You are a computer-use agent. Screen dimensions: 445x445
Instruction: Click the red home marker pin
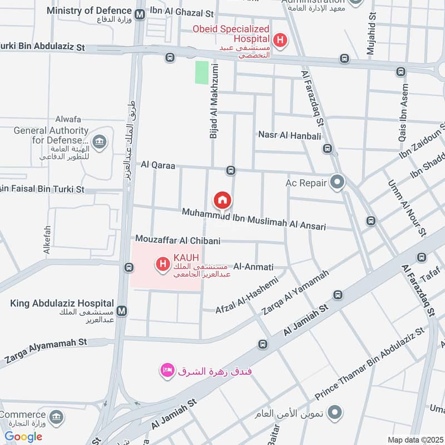tap(222, 200)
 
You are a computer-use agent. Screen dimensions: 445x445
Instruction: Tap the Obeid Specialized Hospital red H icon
tap(281, 40)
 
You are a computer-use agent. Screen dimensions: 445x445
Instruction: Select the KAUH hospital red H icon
tap(162, 264)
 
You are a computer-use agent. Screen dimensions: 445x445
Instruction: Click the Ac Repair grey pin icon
tap(337, 182)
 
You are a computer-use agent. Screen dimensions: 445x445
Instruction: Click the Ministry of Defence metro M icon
tap(141, 12)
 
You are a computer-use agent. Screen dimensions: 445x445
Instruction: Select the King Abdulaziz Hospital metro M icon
tap(122, 310)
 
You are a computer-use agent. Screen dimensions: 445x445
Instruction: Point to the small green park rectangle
tap(201, 73)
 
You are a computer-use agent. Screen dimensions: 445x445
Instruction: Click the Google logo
tap(23, 437)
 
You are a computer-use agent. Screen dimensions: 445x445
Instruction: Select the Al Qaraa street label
tap(158, 165)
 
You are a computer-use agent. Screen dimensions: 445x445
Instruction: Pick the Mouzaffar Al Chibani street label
tap(178, 240)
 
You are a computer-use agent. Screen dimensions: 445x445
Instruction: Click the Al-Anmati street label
tap(254, 267)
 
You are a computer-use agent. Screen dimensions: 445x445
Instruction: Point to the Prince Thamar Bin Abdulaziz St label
tap(369, 364)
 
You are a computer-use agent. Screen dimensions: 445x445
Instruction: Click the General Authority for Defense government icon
tap(100, 141)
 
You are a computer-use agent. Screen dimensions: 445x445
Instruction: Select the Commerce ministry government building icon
tap(56, 417)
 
